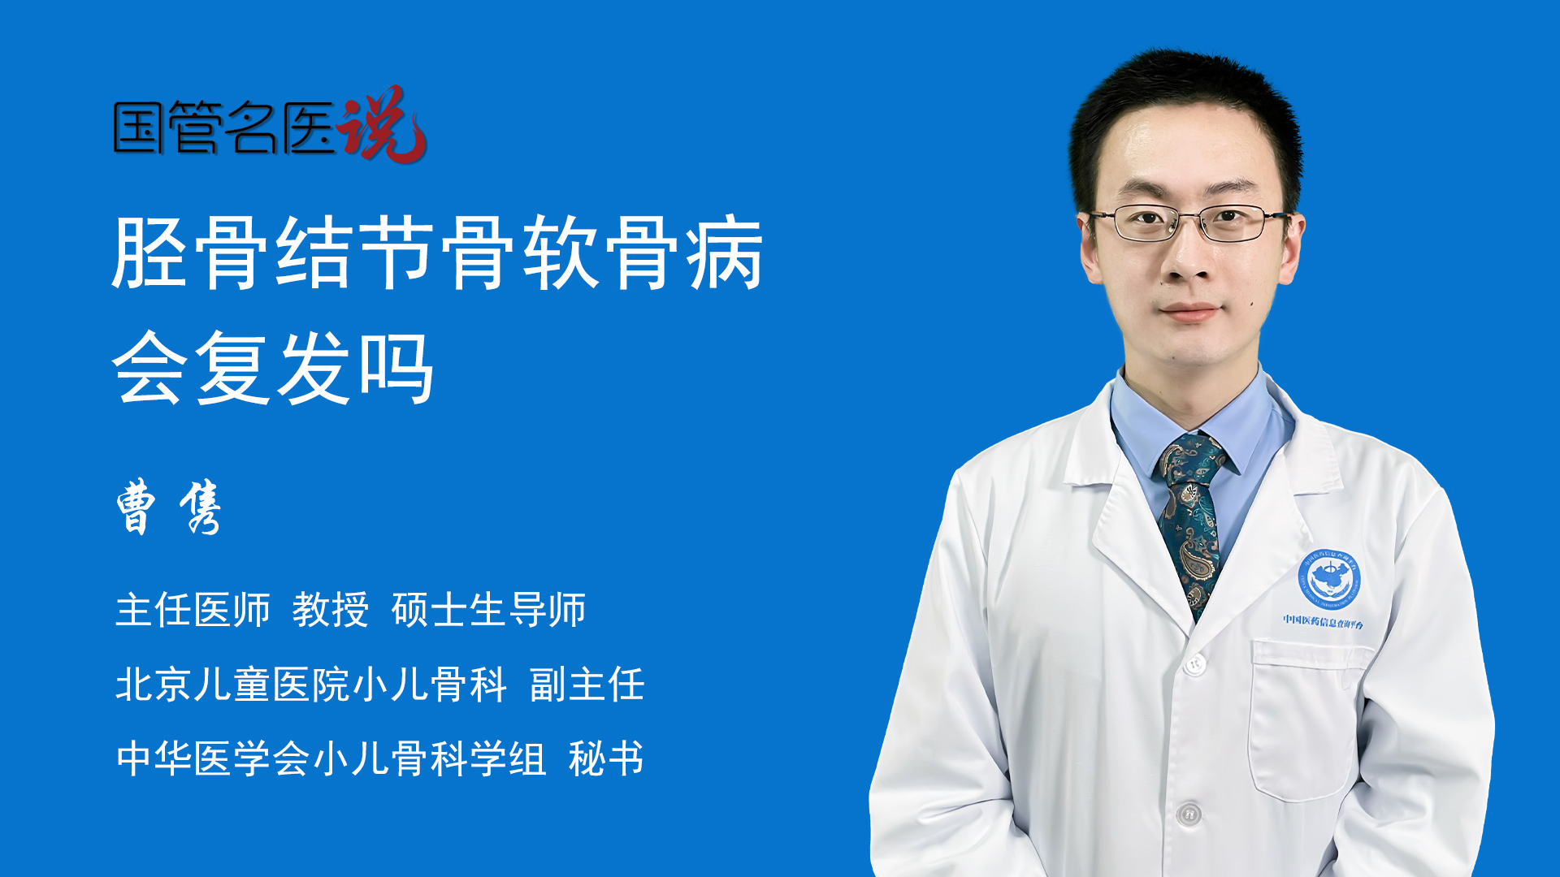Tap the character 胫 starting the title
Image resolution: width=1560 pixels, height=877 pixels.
tap(151, 253)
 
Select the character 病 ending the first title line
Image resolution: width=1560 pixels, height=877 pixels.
tap(725, 253)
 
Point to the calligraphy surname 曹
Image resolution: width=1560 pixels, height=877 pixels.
tap(136, 506)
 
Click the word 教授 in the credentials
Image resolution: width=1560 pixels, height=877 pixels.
tap(331, 610)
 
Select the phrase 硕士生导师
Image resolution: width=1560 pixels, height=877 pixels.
tap(488, 610)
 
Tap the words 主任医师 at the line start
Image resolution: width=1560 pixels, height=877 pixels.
tap(193, 610)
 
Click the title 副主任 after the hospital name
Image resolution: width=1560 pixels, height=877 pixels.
tap(587, 685)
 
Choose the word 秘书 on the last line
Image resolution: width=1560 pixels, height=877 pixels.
tap(606, 758)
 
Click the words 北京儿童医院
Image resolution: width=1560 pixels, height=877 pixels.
tap(232, 685)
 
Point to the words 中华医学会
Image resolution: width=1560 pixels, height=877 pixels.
tap(213, 758)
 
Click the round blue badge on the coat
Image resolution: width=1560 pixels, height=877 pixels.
tap(1328, 578)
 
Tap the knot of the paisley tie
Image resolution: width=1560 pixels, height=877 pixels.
tap(1193, 460)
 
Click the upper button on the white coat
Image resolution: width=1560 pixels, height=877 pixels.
tap(1194, 665)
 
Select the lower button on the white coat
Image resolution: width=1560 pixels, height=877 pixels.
tap(1189, 813)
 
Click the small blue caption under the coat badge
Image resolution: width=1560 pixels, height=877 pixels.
tap(1324, 622)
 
